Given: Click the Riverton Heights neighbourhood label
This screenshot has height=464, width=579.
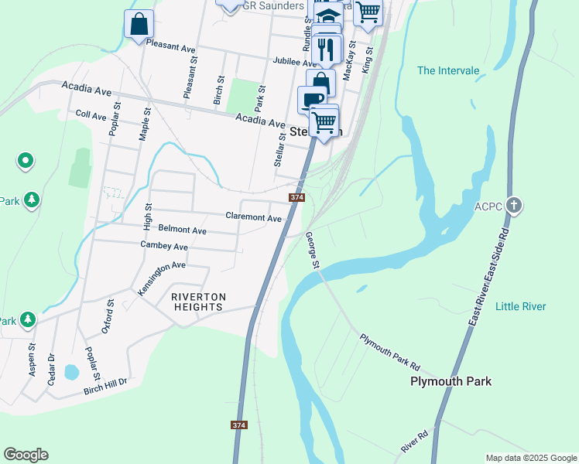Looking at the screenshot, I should pyautogui.click(x=198, y=302).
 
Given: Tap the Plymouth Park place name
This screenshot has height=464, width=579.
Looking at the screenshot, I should pyautogui.click(x=451, y=381).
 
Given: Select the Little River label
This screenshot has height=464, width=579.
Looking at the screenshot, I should pyautogui.click(x=520, y=307).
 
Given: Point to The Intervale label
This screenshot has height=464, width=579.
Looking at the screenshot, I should pyautogui.click(x=448, y=70).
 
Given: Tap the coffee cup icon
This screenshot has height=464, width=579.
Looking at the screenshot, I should pyautogui.click(x=311, y=99).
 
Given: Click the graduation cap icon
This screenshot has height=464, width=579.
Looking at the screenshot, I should pyautogui.click(x=328, y=15).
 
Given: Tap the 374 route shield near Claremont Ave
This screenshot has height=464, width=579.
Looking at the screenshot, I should pyautogui.click(x=296, y=198).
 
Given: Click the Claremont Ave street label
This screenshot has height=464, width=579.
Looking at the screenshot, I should pyautogui.click(x=253, y=217).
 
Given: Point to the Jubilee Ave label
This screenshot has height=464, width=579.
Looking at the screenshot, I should pyautogui.click(x=295, y=61).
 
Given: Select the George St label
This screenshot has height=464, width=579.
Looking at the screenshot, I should pyautogui.click(x=313, y=251).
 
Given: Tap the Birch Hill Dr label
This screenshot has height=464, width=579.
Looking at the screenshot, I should pyautogui.click(x=104, y=387).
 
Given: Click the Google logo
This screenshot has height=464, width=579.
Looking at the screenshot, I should pyautogui.click(x=26, y=455).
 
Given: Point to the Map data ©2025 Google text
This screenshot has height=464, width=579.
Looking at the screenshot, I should pyautogui.click(x=530, y=458).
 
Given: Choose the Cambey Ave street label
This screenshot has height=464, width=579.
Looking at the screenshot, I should pyautogui.click(x=164, y=246).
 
